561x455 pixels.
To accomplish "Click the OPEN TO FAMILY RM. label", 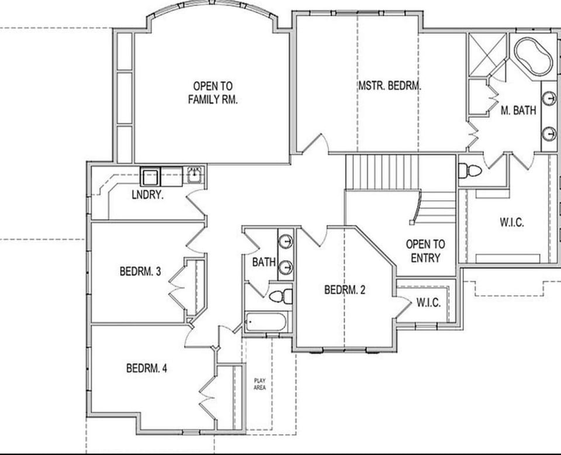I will tap(213, 93).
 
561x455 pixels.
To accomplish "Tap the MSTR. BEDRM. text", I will tap(390, 85).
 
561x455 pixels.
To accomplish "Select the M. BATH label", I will tap(518, 110).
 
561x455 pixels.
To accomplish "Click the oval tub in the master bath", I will tap(533, 56).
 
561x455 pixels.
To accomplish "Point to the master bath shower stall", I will tap(487, 54).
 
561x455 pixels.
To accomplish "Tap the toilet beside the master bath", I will tap(470, 171).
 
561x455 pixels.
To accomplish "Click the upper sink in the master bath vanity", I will tap(549, 98).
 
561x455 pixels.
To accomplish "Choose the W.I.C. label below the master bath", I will tap(511, 222).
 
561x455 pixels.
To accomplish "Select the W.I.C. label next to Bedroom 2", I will tap(428, 302).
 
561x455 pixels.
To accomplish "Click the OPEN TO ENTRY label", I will tap(425, 251).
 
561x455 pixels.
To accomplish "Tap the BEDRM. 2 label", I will tap(345, 289).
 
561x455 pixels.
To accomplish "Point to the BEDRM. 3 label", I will tap(140, 271).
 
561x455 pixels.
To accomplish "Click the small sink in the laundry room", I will tap(195, 174).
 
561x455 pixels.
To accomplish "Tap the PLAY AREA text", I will tap(259, 384).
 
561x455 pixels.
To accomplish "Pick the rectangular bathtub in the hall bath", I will tap(266, 322).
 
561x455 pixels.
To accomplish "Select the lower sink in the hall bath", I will tap(285, 267).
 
